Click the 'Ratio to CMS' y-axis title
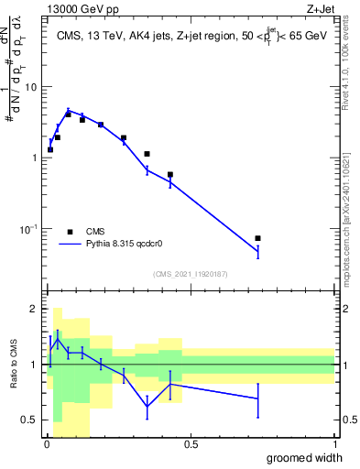15,365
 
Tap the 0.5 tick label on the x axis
191,443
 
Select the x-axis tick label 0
46,443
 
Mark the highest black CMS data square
68,115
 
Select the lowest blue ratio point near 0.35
147,406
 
